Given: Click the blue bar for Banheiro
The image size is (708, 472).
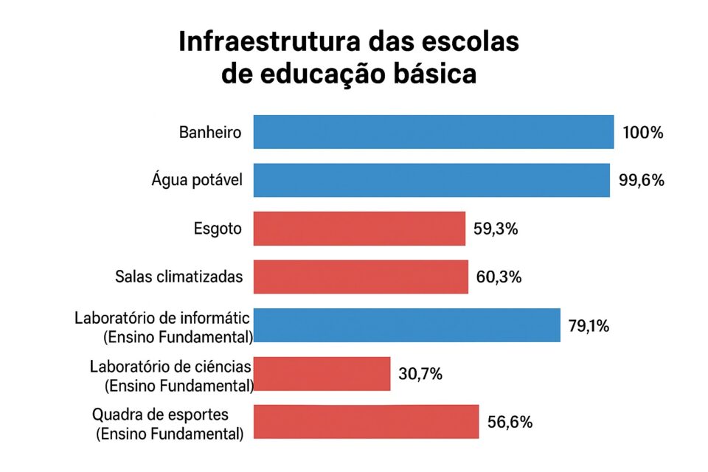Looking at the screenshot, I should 434,133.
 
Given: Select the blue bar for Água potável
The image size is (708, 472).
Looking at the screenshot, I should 431,181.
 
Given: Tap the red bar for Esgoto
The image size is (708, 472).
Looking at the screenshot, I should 359,229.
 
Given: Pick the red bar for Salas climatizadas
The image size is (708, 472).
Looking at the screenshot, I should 361,277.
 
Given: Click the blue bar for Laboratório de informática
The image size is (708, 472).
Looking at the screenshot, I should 407,325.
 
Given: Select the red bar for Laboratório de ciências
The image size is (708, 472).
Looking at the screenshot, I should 322,374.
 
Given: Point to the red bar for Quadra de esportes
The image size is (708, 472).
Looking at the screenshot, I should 366,422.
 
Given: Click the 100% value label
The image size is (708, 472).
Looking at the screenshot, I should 643,133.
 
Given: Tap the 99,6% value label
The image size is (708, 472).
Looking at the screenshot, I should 641,181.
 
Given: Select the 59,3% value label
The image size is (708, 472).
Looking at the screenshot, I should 496,229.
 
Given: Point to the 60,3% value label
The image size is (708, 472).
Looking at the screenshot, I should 499,277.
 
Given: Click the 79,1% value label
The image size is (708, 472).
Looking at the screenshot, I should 589,325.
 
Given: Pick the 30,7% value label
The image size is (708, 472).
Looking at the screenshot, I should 420,374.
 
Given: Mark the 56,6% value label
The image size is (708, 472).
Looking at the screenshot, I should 510,422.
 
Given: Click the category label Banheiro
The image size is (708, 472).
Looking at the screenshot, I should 210,133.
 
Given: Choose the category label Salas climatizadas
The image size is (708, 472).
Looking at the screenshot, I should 179,277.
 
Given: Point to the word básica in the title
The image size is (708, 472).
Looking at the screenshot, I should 434,75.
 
